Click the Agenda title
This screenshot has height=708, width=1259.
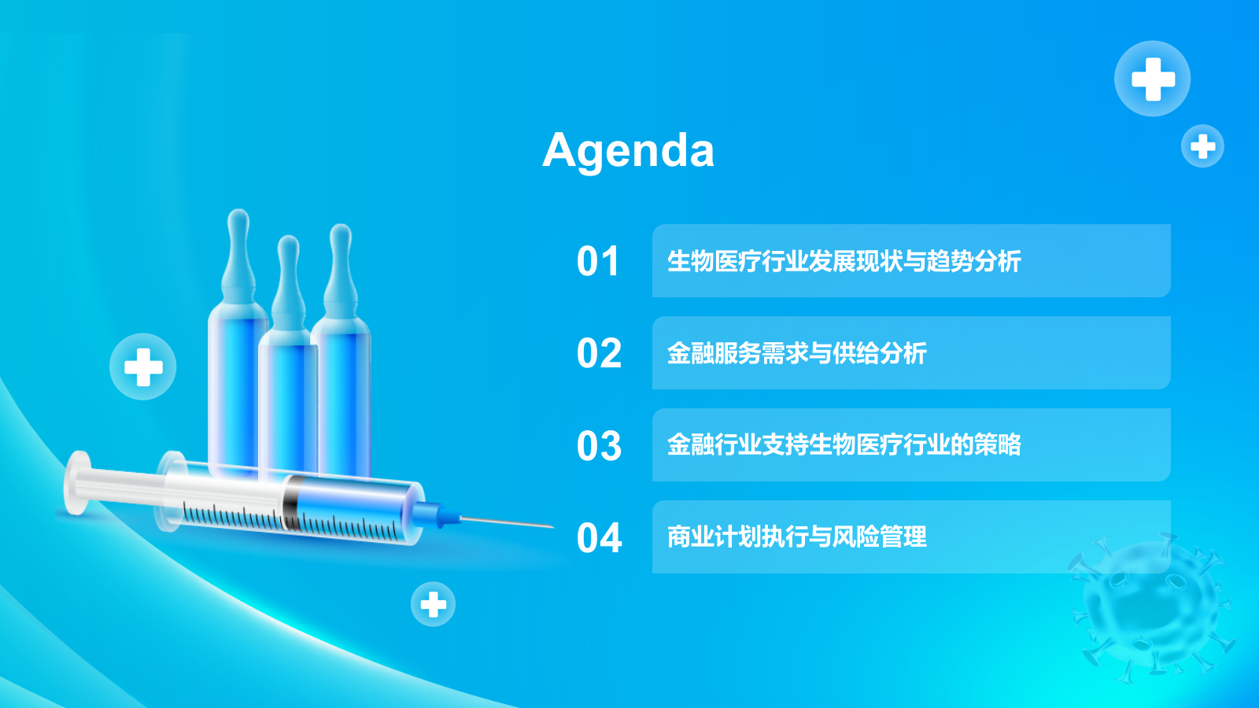pos(628,149)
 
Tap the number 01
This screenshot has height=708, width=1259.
pos(598,261)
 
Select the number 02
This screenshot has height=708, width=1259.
pos(599,353)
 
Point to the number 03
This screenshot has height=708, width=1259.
pos(599,446)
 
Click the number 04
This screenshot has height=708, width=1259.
pos(599,538)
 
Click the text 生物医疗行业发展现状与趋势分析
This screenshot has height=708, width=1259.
pos(844,261)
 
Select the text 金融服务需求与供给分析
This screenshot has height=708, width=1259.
pos(796,353)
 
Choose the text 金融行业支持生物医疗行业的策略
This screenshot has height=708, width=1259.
pos(844,445)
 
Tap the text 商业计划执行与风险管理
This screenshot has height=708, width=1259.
pos(796,537)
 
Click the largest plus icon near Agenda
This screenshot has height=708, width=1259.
pos(1153,79)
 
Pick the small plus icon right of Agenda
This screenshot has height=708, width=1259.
pos(1202,146)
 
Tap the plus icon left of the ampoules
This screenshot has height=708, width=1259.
pos(142,367)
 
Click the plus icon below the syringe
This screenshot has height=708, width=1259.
pos(433,604)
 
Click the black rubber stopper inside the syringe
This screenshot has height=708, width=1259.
pos(292,502)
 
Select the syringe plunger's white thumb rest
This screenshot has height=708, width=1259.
pos(77,481)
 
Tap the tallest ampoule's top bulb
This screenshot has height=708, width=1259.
pos(238,223)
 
